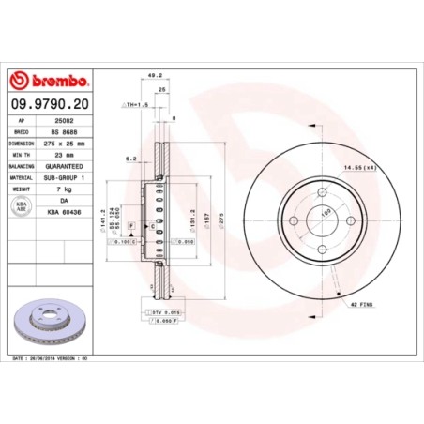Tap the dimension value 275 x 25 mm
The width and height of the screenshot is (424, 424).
(x=68, y=144)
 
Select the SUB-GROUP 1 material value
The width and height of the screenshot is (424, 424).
(x=68, y=177)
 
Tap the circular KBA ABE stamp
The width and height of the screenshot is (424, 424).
(x=24, y=205)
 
